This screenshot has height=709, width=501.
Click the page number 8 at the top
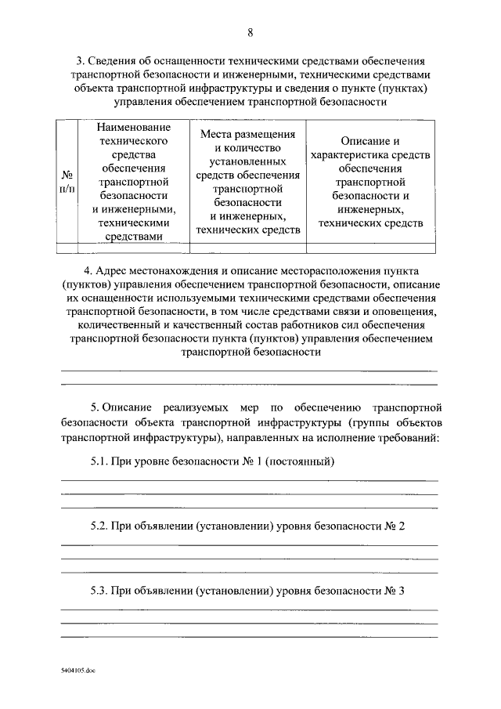(250, 32)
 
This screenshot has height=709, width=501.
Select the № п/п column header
(67, 181)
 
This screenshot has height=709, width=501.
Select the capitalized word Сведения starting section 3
(117, 60)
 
